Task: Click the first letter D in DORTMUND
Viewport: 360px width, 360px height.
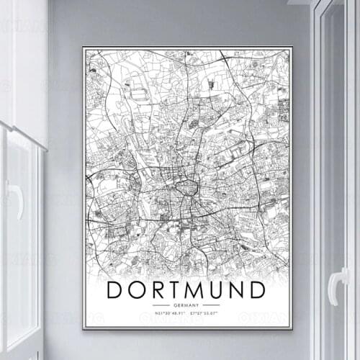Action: [116, 290]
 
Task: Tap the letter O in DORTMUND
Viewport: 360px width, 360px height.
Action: [138, 290]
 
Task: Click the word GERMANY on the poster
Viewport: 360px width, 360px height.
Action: [186, 305]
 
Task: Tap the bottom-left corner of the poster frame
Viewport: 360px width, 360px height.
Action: [84, 328]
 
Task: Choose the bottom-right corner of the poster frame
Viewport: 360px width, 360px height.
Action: [292, 328]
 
